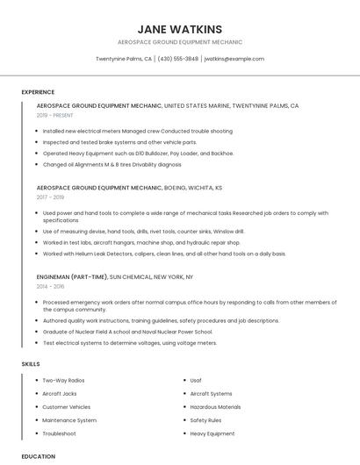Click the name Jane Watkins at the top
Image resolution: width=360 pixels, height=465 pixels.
coord(180,29)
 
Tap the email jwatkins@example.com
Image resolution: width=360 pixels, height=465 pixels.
coord(234,59)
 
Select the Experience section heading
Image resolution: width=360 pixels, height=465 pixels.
coord(38,91)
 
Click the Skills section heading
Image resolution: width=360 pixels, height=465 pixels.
coord(31,363)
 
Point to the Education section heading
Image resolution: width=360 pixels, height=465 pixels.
coord(39,456)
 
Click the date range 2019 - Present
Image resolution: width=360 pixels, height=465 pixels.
coord(55,115)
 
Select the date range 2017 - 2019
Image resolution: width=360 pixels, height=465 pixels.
coord(50,197)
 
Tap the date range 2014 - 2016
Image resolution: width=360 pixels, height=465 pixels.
coord(50,286)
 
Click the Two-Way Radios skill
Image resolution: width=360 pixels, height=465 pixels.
coord(63,380)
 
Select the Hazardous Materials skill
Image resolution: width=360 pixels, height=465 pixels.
coord(215,407)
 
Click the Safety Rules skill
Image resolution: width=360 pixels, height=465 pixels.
coord(205,420)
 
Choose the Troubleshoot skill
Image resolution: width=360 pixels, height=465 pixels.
coord(59,433)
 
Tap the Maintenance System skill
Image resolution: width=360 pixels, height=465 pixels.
coord(69,420)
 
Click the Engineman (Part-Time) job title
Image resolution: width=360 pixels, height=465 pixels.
coord(71,276)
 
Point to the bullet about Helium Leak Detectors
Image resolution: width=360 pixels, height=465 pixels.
coord(164,254)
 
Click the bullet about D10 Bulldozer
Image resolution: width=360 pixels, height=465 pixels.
coord(138,153)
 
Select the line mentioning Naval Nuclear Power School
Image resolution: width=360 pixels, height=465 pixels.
coord(127,333)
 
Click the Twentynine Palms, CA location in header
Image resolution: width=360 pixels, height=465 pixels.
coord(124,59)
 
